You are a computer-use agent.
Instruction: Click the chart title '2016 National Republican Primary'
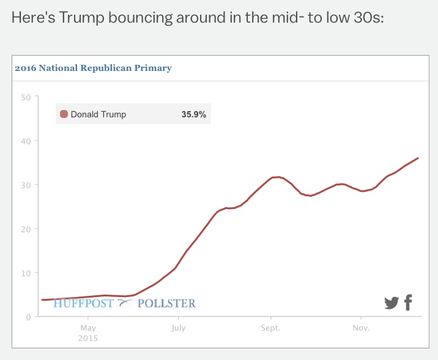(x=93, y=68)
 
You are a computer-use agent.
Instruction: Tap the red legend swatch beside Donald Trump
(x=64, y=114)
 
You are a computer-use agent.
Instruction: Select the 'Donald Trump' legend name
(x=98, y=114)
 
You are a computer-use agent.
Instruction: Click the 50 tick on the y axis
(x=25, y=97)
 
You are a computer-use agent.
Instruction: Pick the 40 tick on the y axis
(x=25, y=141)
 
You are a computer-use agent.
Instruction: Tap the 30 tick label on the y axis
(x=25, y=185)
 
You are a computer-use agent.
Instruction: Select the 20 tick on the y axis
(x=25, y=229)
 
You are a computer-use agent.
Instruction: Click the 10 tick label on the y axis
(x=25, y=273)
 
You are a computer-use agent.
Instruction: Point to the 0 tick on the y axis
(x=28, y=317)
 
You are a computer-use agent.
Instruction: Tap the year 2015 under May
(x=87, y=338)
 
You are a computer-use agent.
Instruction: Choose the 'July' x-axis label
(x=178, y=328)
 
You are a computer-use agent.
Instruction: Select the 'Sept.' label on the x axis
(x=270, y=328)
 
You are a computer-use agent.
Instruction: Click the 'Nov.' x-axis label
(x=360, y=328)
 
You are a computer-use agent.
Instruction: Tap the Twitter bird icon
(x=392, y=303)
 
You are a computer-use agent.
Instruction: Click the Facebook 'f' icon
(x=408, y=302)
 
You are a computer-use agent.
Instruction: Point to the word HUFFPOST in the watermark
(x=84, y=303)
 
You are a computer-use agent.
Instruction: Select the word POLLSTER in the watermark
(x=166, y=303)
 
